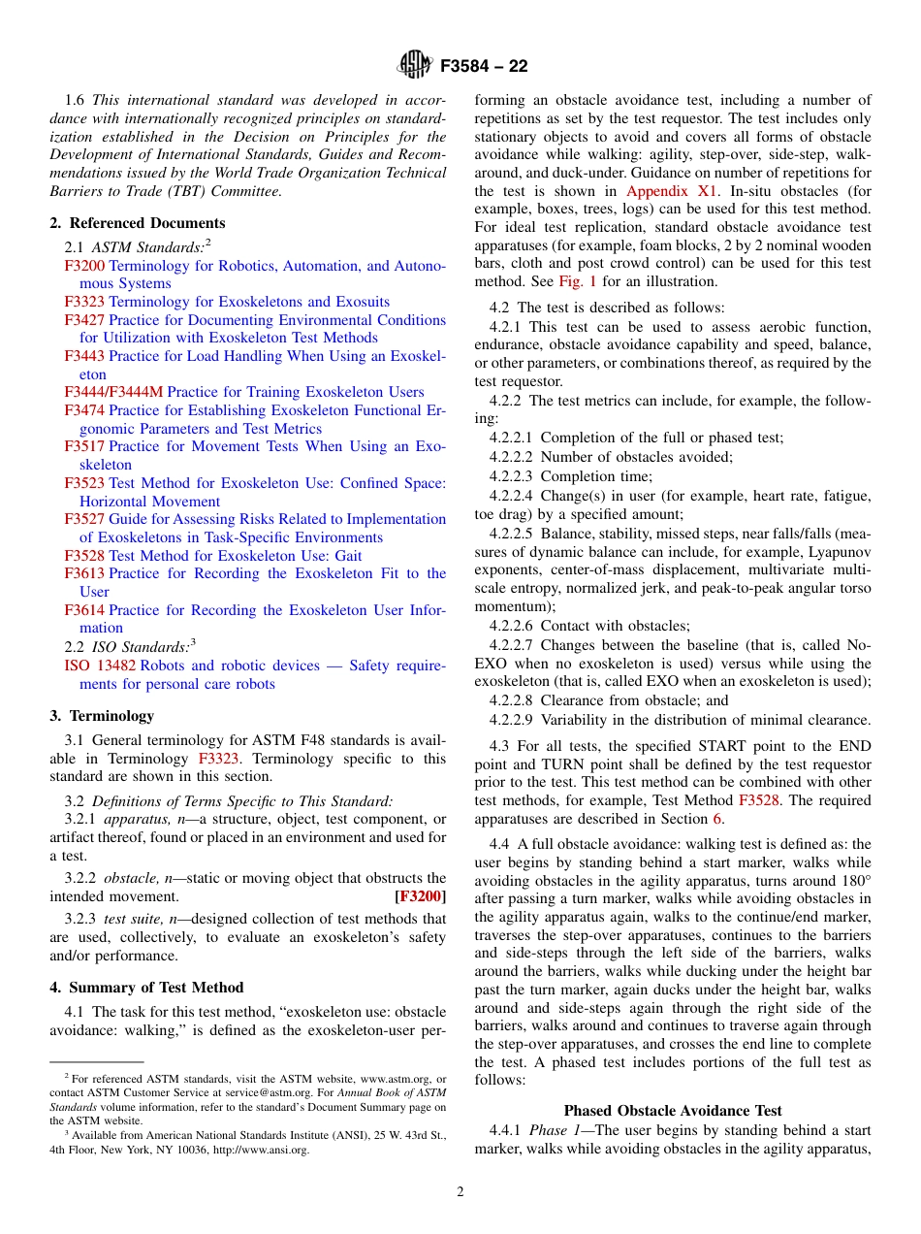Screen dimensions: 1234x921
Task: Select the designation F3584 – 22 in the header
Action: (484, 67)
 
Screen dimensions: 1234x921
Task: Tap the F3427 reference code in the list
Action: (84, 320)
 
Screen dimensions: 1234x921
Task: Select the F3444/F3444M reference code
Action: (113, 392)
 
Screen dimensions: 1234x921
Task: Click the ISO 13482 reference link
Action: (100, 666)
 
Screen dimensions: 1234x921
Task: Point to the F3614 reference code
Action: (84, 610)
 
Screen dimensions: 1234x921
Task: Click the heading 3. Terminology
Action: (102, 716)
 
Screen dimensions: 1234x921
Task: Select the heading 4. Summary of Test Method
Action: (146, 988)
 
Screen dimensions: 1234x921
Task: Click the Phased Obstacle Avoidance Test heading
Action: (673, 1111)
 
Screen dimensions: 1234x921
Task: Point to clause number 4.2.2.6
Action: (513, 626)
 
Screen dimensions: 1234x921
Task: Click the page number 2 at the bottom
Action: (460, 1192)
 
